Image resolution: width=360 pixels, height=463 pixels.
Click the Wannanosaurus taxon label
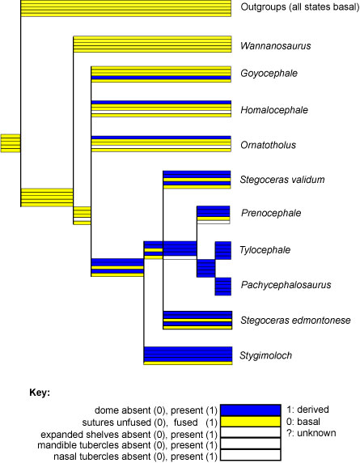(x=275, y=46)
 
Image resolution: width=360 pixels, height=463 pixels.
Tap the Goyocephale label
(x=269, y=73)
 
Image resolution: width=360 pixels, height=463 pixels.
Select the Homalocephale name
(x=274, y=110)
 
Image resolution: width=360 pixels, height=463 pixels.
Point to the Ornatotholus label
(x=268, y=145)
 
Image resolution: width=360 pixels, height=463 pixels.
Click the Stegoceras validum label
(x=282, y=180)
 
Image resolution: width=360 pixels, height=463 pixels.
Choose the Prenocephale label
(x=271, y=213)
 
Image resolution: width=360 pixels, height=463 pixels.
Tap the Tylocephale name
(x=265, y=250)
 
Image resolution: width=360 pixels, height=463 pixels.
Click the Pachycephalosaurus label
(x=286, y=285)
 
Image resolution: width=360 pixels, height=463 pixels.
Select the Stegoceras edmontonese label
(x=295, y=320)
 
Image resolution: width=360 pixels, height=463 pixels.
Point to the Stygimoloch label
(x=265, y=355)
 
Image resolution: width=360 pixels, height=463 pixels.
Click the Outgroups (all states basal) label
(x=300, y=6)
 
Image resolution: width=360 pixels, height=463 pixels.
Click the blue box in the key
(x=251, y=410)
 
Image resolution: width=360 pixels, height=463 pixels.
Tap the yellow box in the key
(x=251, y=422)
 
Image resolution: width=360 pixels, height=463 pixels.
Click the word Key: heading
(x=40, y=393)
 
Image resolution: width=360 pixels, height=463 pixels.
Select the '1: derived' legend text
(x=307, y=410)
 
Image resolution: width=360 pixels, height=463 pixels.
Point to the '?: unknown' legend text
(x=311, y=433)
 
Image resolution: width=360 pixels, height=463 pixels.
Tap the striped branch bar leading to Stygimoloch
(x=188, y=356)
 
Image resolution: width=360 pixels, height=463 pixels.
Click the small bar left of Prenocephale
(x=213, y=215)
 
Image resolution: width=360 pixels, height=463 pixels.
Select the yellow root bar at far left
(x=11, y=143)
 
